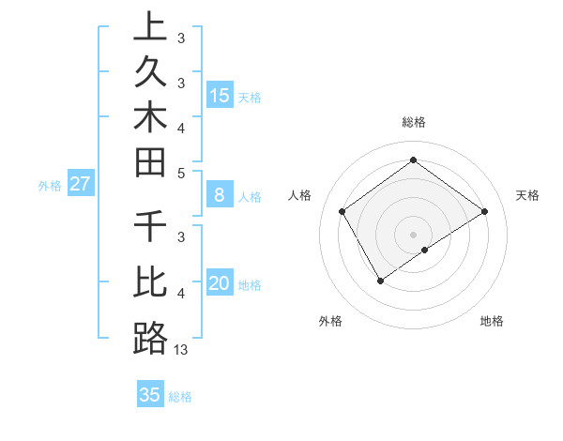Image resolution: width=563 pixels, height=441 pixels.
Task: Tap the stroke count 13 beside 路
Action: click(181, 349)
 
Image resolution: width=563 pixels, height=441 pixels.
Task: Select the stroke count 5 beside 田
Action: click(181, 173)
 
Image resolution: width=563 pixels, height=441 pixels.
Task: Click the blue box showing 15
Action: click(219, 95)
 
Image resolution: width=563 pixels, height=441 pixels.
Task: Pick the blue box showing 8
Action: click(219, 195)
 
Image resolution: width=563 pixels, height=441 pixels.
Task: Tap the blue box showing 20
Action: click(219, 284)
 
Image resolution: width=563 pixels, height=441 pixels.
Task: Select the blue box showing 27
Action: click(81, 184)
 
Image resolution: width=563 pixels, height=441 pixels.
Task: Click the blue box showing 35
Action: click(150, 395)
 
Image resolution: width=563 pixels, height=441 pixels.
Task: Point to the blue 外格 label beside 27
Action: click(50, 186)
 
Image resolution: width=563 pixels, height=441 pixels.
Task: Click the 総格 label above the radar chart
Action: click(413, 122)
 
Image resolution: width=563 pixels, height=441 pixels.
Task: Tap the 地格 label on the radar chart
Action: click(492, 321)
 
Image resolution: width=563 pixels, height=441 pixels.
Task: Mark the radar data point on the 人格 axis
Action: click(342, 211)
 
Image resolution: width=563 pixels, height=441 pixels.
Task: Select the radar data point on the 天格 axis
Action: click(484, 211)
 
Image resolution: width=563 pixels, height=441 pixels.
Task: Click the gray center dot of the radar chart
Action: click(413, 234)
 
